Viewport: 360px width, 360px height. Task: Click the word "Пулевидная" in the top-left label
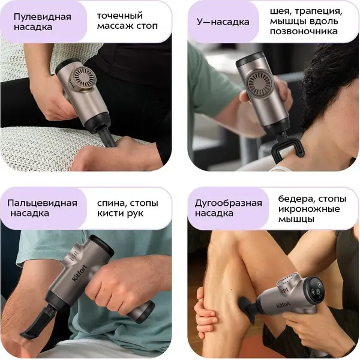(x=43, y=17)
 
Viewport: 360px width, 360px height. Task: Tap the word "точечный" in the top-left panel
(x=120, y=16)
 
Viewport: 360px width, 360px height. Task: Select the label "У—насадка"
(x=223, y=22)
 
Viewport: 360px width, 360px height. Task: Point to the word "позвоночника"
(x=304, y=31)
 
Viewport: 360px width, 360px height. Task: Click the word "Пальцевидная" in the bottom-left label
(x=43, y=203)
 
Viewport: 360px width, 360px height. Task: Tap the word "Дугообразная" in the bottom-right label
(x=229, y=203)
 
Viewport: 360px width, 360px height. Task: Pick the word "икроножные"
(x=309, y=209)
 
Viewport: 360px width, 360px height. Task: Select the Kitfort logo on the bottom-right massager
(x=284, y=305)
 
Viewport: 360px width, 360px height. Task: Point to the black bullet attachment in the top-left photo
(x=107, y=137)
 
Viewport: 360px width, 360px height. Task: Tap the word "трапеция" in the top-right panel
(x=319, y=12)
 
